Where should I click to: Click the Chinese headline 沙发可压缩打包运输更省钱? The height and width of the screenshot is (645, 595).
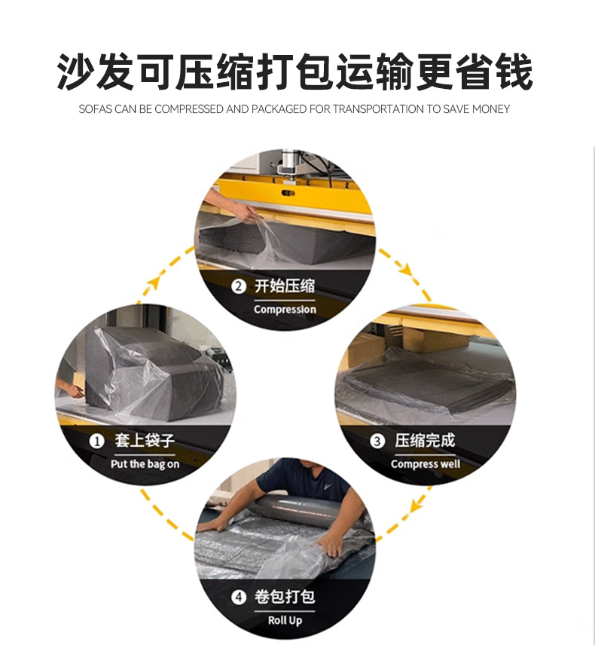pos(295,72)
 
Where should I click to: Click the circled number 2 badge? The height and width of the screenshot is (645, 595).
pos(239,286)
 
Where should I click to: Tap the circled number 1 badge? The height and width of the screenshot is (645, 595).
pos(97,441)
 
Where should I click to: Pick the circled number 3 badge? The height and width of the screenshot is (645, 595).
pos(377,442)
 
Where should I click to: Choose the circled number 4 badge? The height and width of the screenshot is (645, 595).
pos(239,598)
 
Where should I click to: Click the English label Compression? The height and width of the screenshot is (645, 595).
pos(285,310)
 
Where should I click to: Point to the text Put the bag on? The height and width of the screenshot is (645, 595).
pos(145,464)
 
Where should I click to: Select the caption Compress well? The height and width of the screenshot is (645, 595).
pos(426,464)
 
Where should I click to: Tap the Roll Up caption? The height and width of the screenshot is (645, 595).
pos(285,621)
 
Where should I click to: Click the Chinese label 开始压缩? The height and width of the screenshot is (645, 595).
pos(285,286)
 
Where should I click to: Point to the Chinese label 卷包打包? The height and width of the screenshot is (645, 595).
pos(285,598)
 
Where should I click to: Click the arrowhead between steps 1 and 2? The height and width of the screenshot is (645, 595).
pos(154,283)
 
